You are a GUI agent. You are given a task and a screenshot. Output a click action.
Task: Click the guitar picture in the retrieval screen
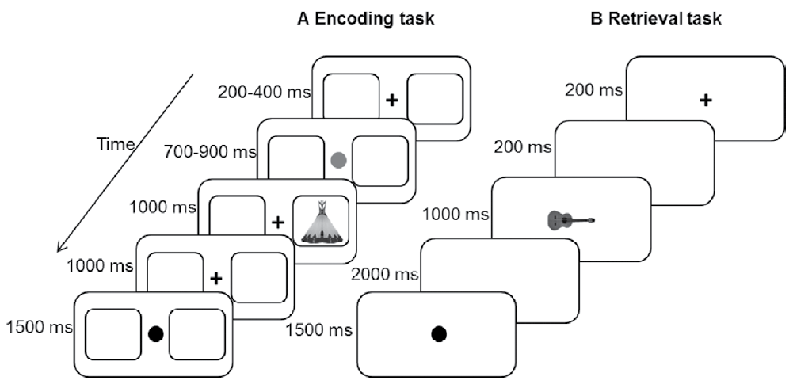click(x=570, y=219)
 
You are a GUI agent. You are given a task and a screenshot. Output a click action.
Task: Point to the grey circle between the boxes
click(x=337, y=161)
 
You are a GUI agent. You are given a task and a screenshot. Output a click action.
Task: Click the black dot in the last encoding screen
click(x=156, y=334)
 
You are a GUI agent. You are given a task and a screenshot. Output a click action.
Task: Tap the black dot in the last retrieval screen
click(x=437, y=334)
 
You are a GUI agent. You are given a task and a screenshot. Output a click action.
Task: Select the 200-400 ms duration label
click(x=264, y=92)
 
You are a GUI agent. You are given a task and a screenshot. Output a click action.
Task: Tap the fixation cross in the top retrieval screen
click(x=705, y=101)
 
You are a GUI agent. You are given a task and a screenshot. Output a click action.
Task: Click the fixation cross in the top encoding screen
click(x=391, y=101)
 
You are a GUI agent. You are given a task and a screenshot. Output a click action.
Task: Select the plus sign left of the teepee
click(x=277, y=222)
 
